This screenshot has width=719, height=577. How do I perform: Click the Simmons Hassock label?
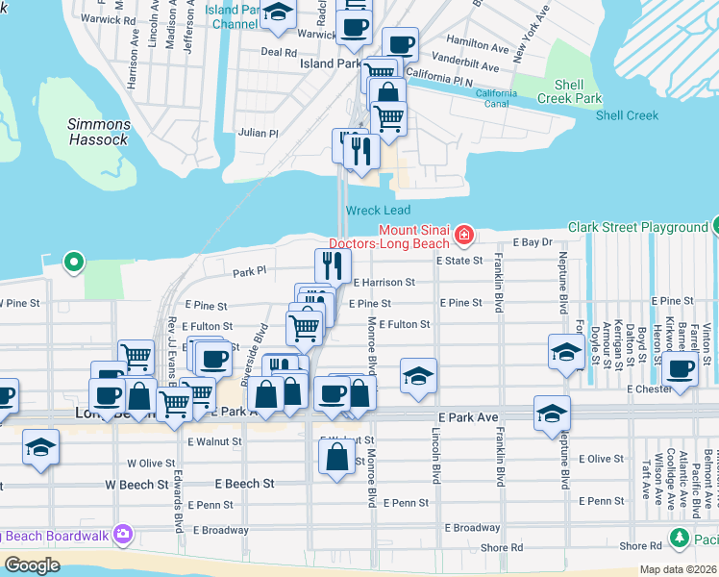coord(98,132)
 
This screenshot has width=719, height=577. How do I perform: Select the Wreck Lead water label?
coord(378,211)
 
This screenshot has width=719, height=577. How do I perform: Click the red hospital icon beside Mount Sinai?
coord(464,234)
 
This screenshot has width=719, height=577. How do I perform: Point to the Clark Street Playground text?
coord(636,228)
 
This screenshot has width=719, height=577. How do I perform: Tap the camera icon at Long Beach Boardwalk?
coord(122,534)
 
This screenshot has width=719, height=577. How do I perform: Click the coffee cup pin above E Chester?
coord(681,368)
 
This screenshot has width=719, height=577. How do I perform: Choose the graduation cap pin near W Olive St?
coord(40,446)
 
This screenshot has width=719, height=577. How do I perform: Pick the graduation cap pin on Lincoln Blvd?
coord(418,376)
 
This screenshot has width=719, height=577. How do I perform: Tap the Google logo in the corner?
coord(32,565)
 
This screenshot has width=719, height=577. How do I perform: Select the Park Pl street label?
coord(248,272)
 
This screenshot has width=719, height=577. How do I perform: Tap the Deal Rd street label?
coord(278,53)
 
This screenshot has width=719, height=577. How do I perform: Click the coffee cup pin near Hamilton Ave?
coord(400,43)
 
